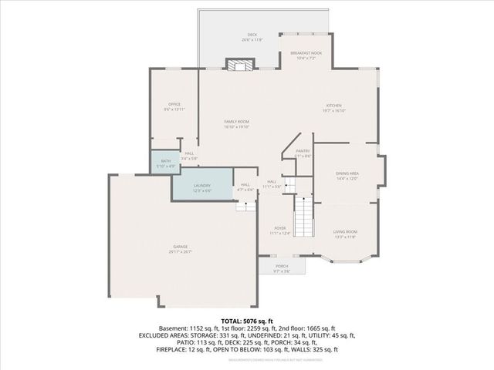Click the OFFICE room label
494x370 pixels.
pos(174,104)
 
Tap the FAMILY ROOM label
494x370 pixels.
pos(236,123)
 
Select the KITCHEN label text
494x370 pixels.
pos(334,106)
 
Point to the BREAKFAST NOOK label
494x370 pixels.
pos(305,53)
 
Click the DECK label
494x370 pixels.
pos(252,35)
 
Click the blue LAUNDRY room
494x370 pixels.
pos(202,186)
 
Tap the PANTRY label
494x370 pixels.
pos(303,151)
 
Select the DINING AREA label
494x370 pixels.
pos(347,174)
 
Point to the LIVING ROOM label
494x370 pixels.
pos(345,231)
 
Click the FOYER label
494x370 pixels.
pos(279,230)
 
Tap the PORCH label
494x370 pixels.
pos(281,266)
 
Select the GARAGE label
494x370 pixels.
pos(180,247)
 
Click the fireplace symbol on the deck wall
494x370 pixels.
pos(235,65)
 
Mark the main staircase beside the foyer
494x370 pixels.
pos(306,216)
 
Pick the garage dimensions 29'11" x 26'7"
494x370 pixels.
pos(180,251)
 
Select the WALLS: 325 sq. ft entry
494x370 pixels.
pos(314,349)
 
